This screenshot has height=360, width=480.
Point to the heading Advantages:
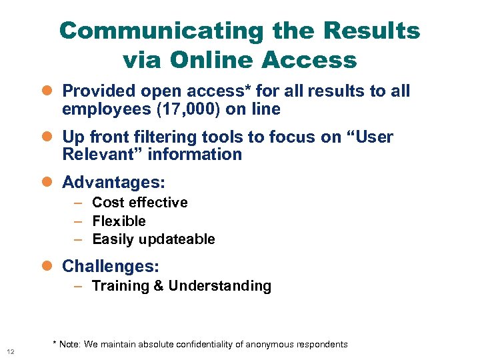pyautogui.click(x=113, y=182)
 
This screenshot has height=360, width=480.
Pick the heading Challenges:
pyautogui.click(x=111, y=266)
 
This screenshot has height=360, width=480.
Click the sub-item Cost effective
pyautogui.click(x=140, y=203)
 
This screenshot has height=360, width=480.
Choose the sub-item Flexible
pyautogui.click(x=119, y=221)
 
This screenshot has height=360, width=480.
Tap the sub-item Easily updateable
pyautogui.click(x=153, y=239)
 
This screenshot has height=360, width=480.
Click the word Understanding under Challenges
pyautogui.click(x=220, y=286)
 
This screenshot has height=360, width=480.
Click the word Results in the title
pyautogui.click(x=370, y=31)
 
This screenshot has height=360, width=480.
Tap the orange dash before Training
pyautogui.click(x=78, y=287)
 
